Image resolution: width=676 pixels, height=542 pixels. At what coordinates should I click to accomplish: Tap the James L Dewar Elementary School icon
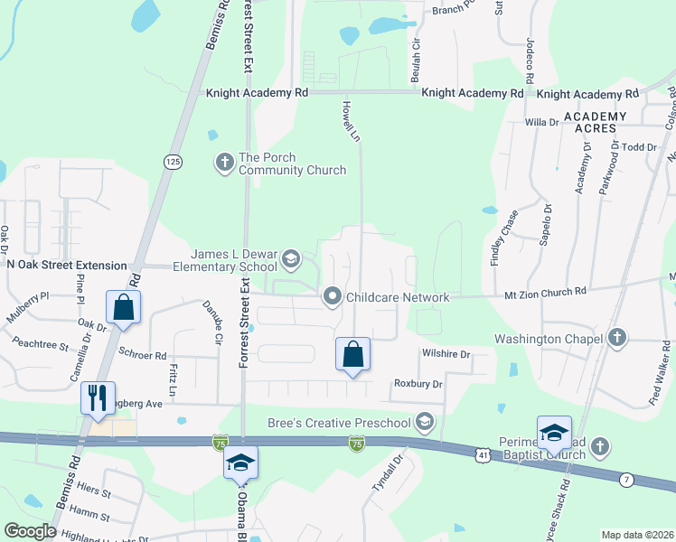[290, 260]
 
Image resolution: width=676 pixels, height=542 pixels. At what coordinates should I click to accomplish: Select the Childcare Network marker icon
[333, 296]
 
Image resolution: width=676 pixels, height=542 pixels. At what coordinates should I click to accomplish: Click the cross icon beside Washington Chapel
[616, 339]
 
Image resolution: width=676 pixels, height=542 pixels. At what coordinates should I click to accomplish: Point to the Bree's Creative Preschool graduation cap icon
[424, 422]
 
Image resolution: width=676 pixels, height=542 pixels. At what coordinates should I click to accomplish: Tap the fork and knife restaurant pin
[98, 397]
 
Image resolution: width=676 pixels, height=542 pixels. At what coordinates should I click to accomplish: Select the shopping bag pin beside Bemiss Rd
[123, 307]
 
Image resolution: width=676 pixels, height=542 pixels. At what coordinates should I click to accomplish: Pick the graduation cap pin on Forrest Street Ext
[240, 462]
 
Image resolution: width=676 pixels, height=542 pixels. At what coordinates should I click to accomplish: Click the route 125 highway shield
[172, 161]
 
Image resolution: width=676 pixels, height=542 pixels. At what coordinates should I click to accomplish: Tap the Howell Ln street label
[351, 120]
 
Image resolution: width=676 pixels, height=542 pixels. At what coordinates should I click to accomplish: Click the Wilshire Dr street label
[446, 355]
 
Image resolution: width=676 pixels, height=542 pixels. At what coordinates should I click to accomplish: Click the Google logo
[31, 531]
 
